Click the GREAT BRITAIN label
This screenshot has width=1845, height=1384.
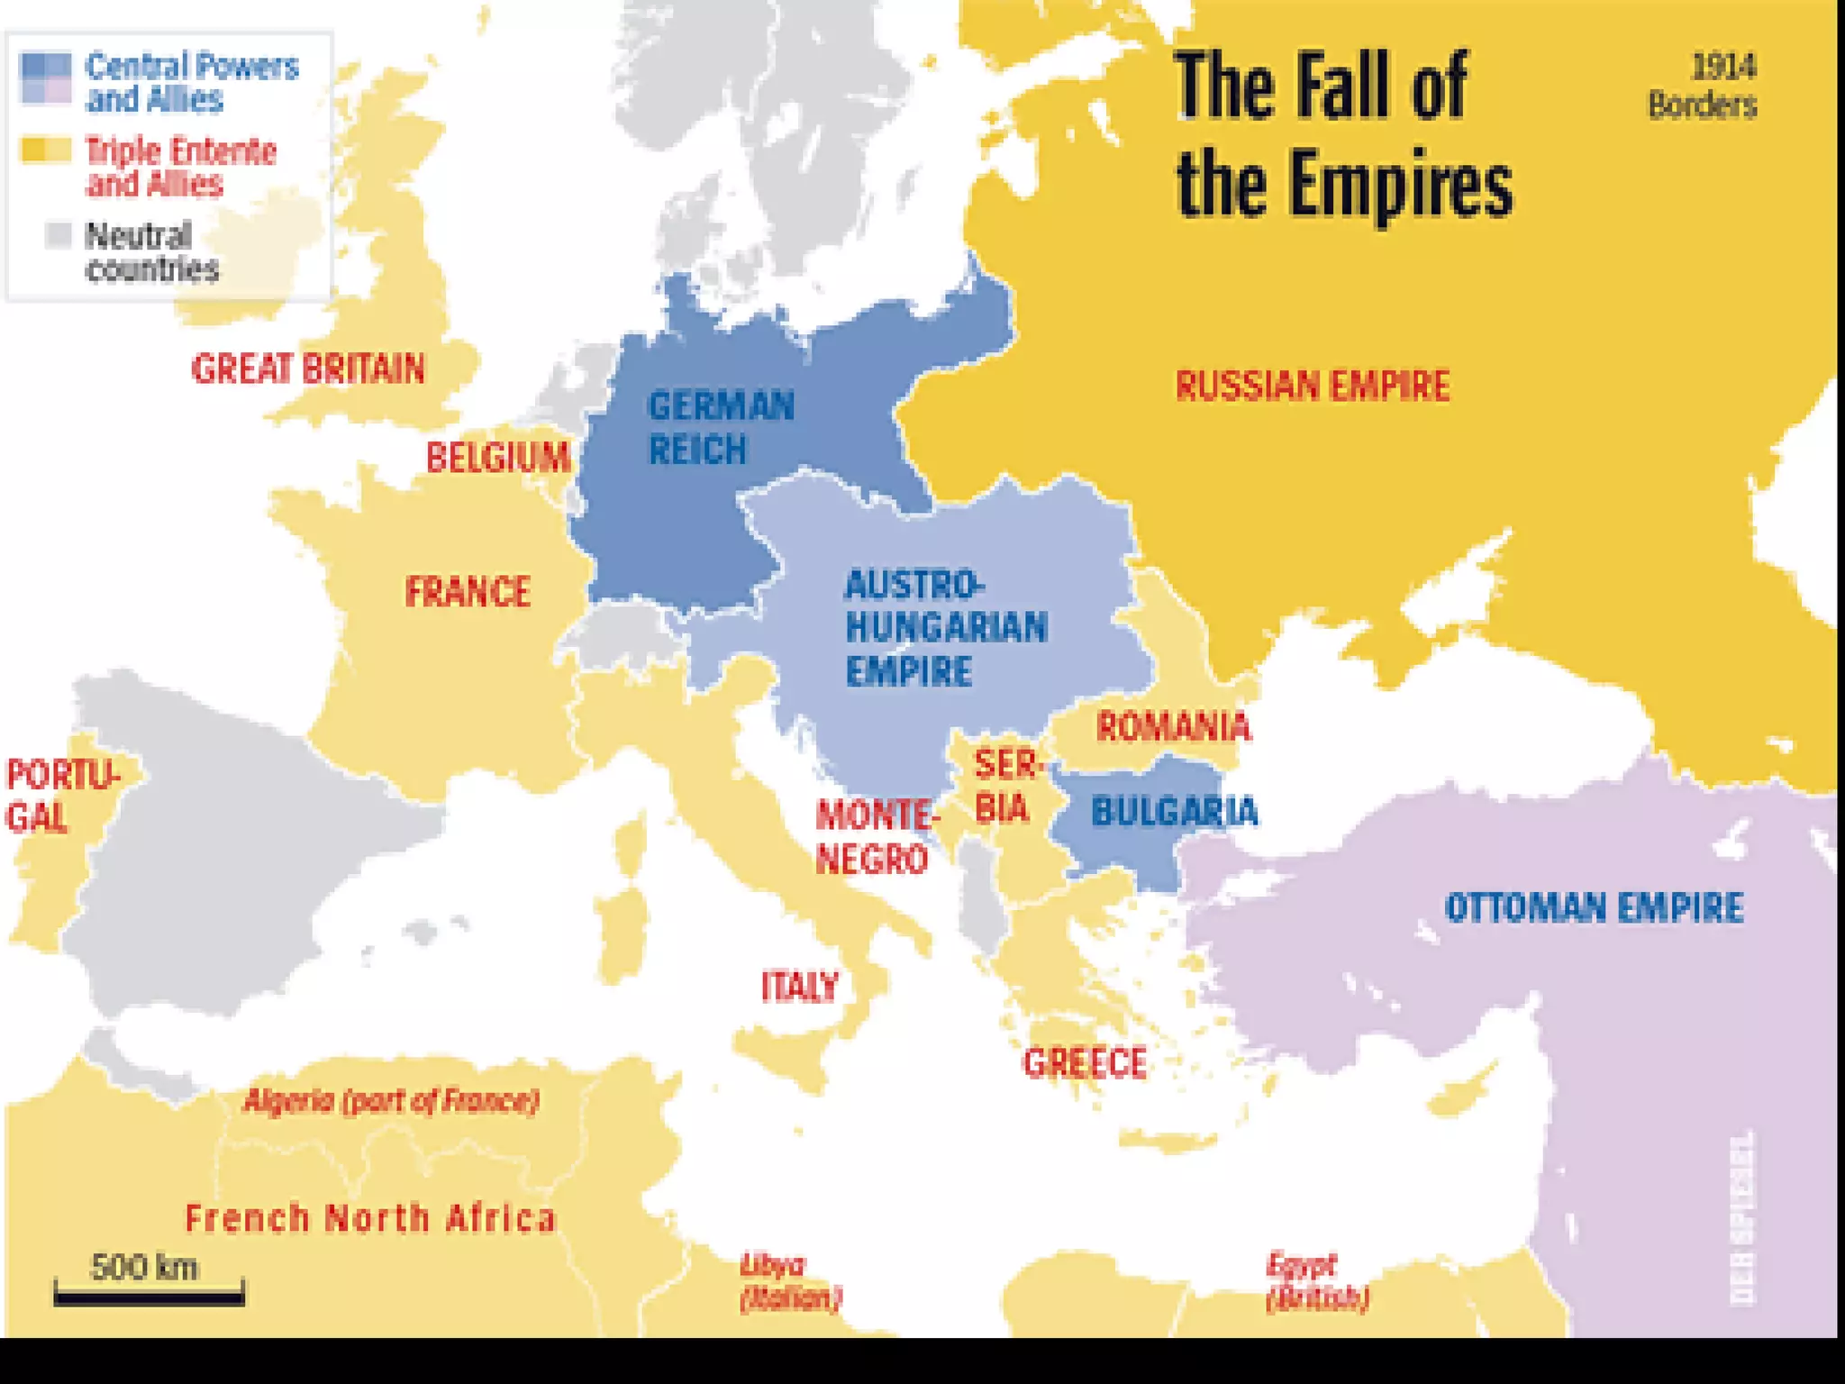(x=308, y=369)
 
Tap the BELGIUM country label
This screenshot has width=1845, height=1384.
(x=498, y=457)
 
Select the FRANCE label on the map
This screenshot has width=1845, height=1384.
(x=468, y=592)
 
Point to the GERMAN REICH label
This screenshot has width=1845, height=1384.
(x=720, y=427)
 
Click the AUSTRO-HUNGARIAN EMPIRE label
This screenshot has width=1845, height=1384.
(x=945, y=628)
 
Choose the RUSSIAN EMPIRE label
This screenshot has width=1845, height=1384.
(x=1313, y=386)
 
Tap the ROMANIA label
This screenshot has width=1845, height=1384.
(x=1173, y=726)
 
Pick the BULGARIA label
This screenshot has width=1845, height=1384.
(x=1174, y=812)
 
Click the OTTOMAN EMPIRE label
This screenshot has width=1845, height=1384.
(x=1594, y=907)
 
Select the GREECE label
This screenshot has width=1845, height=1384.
(x=1085, y=1063)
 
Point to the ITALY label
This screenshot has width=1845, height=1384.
(x=800, y=987)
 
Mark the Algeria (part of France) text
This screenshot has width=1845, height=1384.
(x=392, y=1100)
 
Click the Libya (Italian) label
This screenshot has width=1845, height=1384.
(x=790, y=1281)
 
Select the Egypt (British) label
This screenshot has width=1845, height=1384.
(x=1317, y=1281)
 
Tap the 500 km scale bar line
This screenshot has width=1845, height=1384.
(x=149, y=1297)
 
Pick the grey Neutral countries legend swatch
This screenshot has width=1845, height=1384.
(x=59, y=236)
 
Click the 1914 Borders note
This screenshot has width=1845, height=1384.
(x=1702, y=86)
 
